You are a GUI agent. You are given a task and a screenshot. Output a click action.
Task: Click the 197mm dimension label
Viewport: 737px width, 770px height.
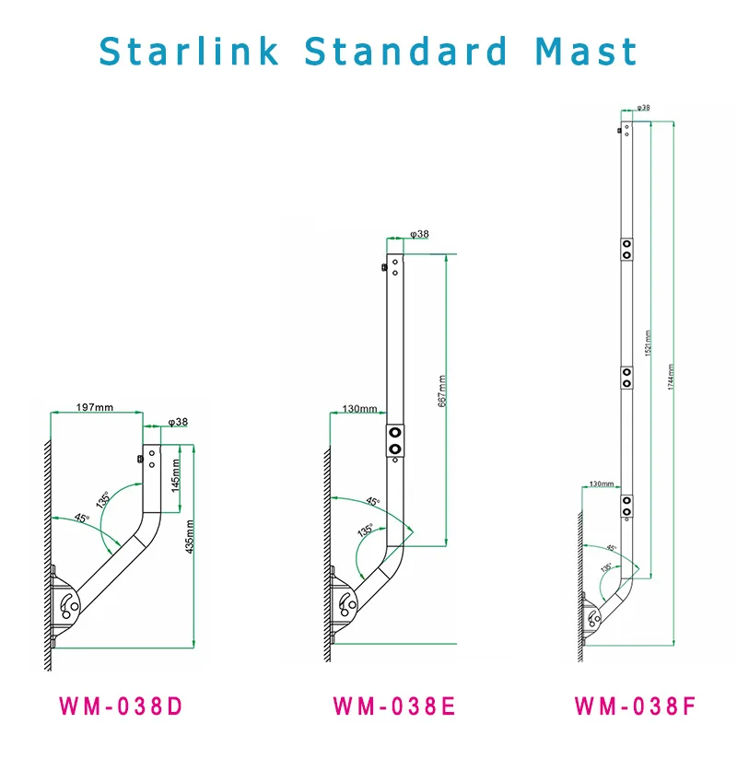click(95, 406)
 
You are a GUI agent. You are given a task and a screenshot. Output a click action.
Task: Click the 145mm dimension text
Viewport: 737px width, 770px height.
click(175, 473)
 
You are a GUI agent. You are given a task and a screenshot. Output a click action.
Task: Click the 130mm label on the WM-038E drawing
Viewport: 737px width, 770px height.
click(359, 410)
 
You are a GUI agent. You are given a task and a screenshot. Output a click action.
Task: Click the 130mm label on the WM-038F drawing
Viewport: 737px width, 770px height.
click(601, 483)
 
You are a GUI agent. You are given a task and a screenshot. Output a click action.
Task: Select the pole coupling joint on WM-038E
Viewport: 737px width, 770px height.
click(395, 439)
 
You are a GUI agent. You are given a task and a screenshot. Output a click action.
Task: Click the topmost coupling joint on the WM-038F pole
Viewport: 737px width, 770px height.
click(626, 249)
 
